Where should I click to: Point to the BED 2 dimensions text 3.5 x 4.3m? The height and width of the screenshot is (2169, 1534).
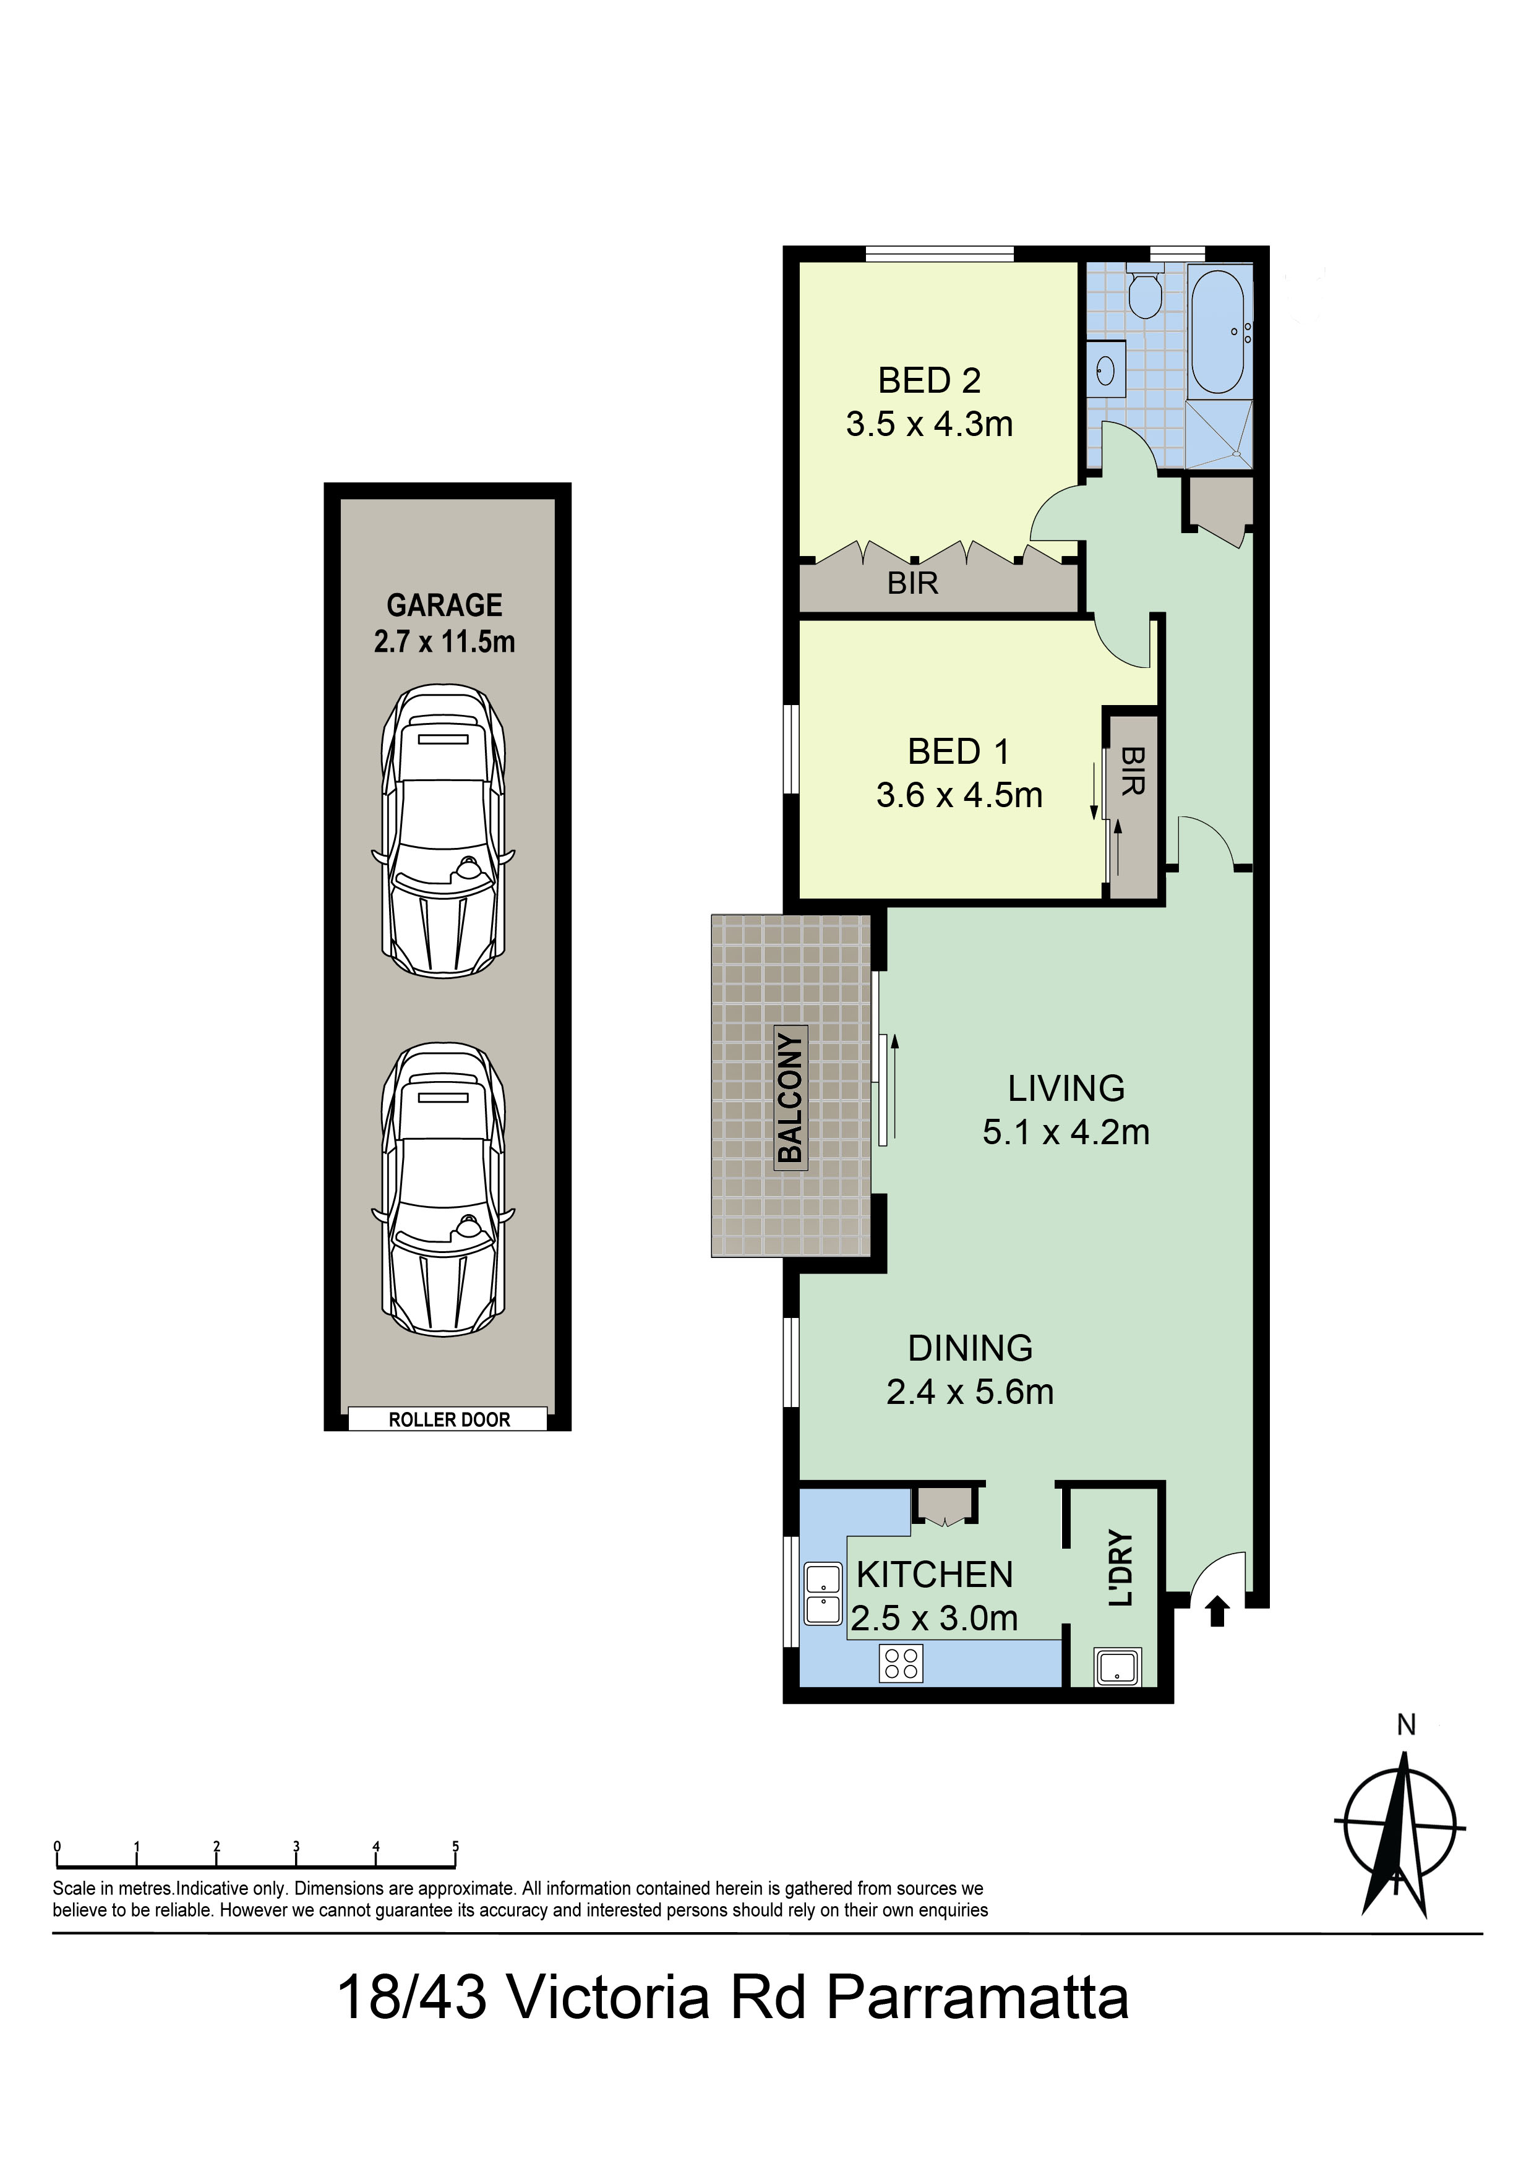click(x=930, y=424)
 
